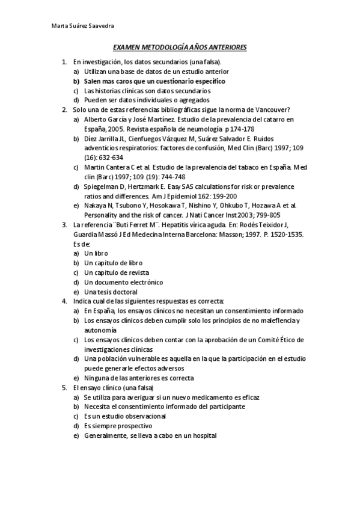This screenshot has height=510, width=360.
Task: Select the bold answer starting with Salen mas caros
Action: click(154, 81)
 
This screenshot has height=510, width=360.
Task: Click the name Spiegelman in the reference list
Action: click(103, 186)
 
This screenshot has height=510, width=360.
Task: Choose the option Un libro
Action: click(96, 254)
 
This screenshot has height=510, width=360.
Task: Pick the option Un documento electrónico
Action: click(123, 282)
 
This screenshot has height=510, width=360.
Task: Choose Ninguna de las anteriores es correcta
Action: click(139, 378)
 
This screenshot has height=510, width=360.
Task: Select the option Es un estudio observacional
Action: click(125, 416)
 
